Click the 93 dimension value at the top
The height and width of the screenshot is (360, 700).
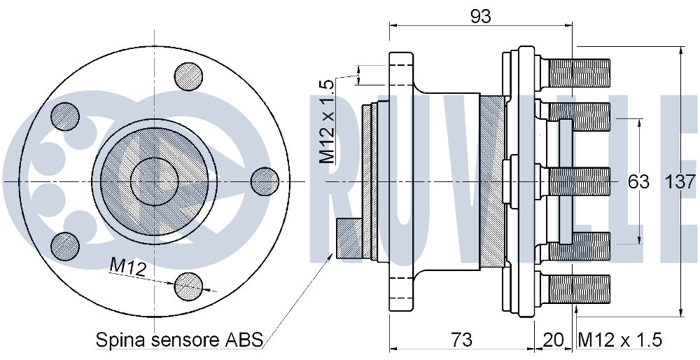(480, 16)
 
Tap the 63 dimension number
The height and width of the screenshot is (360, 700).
(638, 182)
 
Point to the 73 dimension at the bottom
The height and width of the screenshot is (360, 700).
(460, 340)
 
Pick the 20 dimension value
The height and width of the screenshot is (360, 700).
(554, 340)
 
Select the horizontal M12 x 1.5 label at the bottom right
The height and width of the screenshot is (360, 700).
(619, 340)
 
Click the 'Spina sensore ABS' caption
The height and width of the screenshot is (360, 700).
(179, 340)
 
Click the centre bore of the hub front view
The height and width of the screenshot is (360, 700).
(155, 181)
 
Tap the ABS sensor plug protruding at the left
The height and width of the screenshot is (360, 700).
(349, 237)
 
